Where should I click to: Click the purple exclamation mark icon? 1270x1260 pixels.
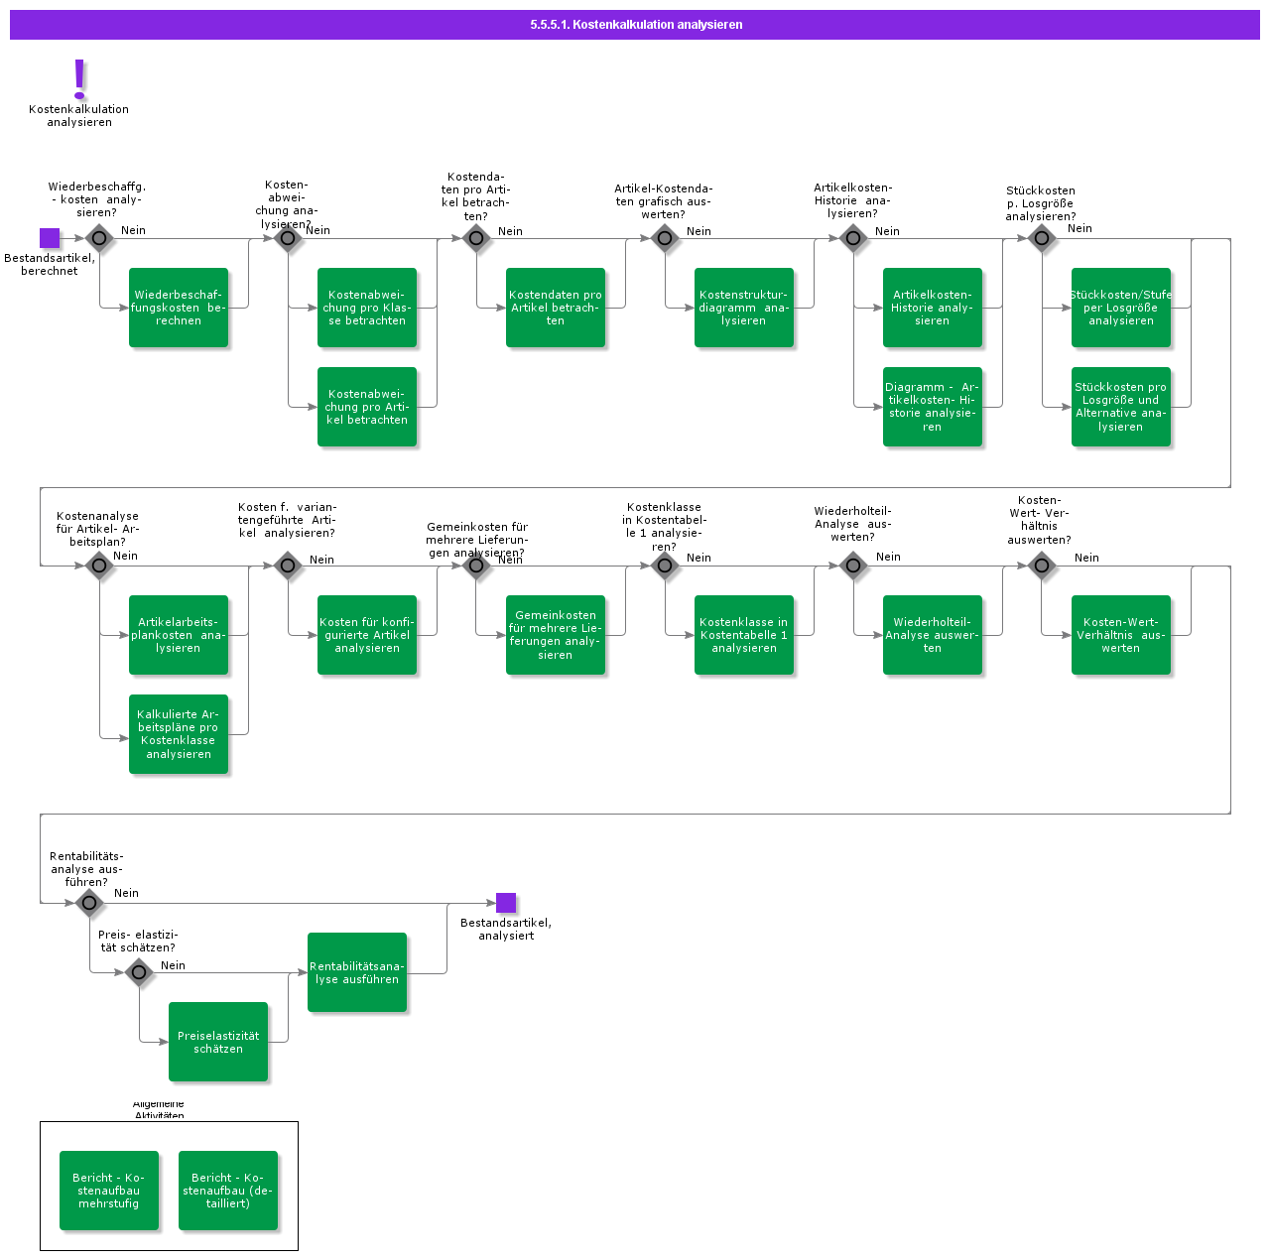tap(79, 77)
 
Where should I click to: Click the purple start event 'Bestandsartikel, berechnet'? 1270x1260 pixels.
tap(50, 238)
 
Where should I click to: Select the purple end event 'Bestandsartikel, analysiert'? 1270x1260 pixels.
tap(506, 903)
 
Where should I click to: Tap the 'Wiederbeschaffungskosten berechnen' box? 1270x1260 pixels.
tap(179, 308)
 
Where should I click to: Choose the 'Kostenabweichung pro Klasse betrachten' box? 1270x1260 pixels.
tap(367, 308)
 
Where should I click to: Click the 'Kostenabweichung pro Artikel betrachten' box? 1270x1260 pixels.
tap(367, 407)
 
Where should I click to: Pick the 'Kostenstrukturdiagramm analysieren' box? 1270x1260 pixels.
tap(744, 308)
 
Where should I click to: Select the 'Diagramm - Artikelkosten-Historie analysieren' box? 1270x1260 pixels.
tap(933, 407)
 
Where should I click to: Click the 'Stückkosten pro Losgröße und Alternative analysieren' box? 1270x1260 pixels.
tap(1121, 407)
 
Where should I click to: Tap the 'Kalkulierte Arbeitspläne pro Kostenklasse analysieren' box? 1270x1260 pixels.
tap(179, 734)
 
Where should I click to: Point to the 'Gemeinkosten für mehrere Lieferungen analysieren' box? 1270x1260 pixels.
tap(556, 635)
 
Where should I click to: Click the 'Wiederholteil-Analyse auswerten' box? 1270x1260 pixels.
tap(933, 635)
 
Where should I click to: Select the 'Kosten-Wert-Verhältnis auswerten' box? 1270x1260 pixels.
tap(1121, 635)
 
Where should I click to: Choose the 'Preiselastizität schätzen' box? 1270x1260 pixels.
tap(218, 1042)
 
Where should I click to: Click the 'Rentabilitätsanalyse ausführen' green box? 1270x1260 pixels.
tap(357, 972)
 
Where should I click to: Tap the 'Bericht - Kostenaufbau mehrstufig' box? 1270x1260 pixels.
tap(109, 1191)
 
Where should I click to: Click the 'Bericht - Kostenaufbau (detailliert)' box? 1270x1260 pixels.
tap(228, 1191)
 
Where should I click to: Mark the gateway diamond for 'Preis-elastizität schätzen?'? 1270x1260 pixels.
tap(139, 972)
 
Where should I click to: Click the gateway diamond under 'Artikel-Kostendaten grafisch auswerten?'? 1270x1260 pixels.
tap(665, 238)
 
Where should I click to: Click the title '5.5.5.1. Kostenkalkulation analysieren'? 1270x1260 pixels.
tap(635, 25)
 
